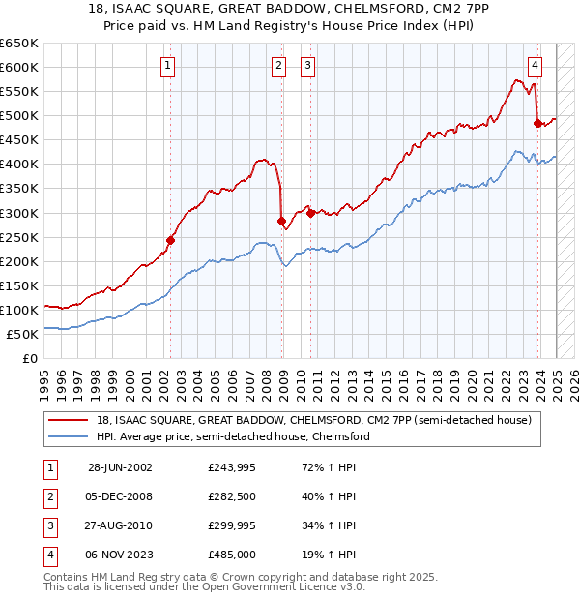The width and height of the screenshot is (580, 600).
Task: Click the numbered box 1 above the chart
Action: click(169, 66)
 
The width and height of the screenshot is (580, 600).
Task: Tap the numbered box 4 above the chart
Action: click(535, 66)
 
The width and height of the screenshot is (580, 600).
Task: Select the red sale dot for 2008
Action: click(282, 221)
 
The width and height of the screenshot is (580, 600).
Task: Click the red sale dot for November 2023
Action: click(538, 122)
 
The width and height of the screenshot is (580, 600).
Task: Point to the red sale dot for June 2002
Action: click(170, 239)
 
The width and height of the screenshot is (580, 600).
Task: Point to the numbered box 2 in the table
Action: click(46, 496)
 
